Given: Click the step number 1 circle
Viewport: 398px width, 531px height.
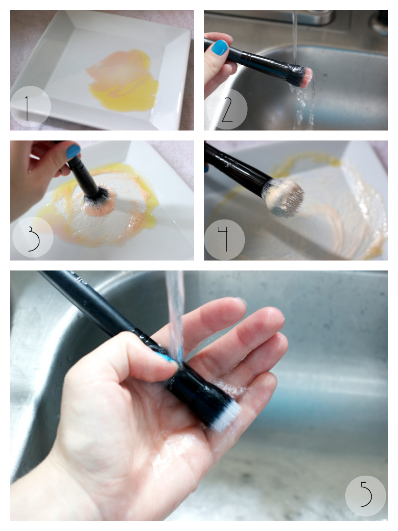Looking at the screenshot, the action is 30,106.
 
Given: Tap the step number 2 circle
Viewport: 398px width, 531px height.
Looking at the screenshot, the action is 227,109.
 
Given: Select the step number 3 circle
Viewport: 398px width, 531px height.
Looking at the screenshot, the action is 33,237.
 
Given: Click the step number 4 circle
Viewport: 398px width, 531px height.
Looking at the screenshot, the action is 224,240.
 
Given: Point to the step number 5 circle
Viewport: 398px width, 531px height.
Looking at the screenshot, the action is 366,496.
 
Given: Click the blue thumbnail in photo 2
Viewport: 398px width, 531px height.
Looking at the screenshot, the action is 220,47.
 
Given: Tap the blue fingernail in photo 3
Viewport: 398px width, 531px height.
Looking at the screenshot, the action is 73,152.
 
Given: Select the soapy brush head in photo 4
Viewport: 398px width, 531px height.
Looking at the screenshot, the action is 284,197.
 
